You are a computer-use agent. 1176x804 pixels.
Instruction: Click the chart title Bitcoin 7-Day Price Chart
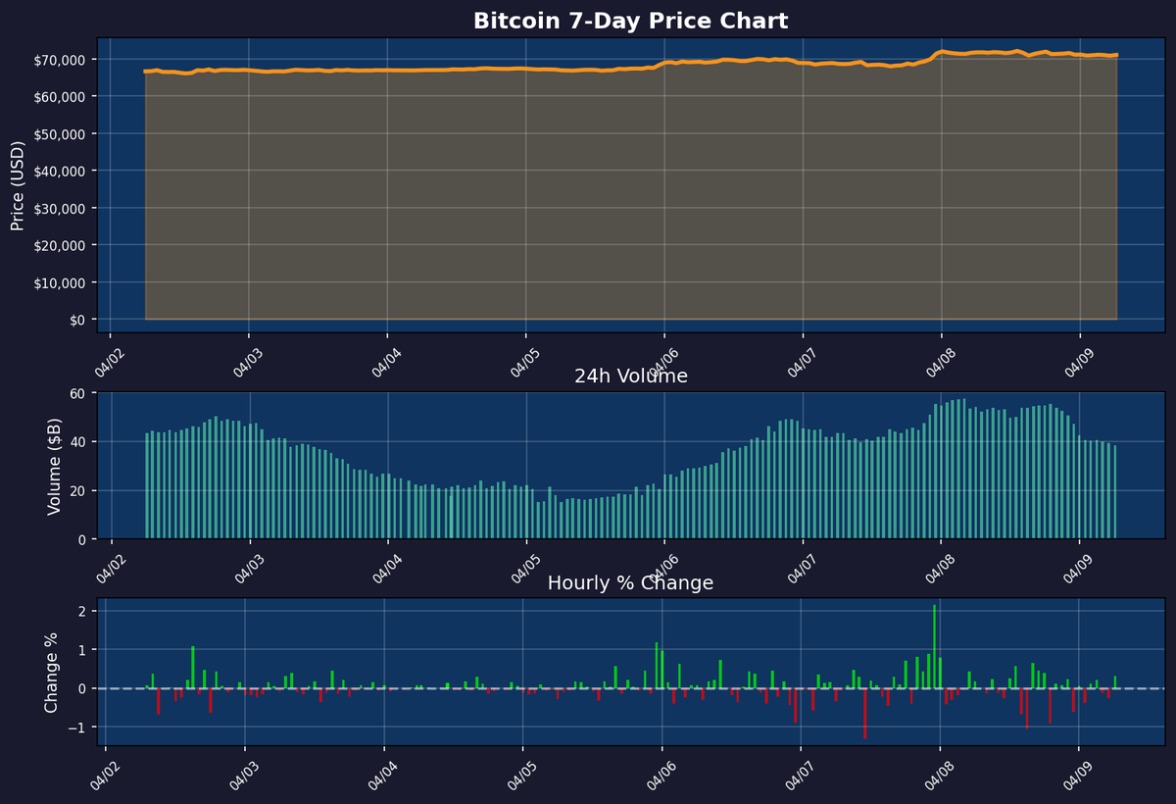630,21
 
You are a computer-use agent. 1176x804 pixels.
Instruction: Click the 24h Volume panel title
630,377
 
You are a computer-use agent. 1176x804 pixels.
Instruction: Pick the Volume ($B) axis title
55,466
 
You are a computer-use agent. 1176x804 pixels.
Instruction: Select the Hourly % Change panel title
630,583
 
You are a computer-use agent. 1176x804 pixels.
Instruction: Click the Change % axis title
52,672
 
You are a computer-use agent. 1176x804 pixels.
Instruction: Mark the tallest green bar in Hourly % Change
934,646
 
